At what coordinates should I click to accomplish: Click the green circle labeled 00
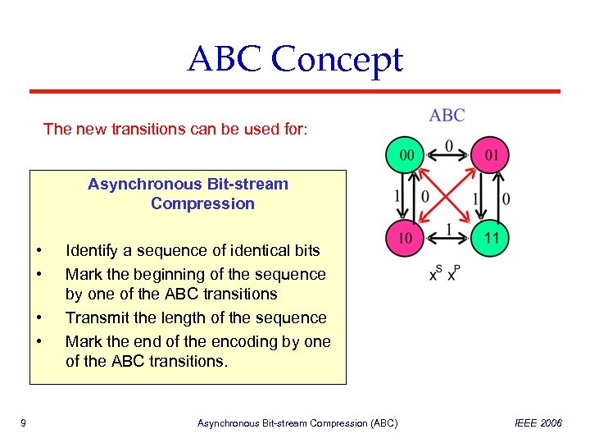(406, 154)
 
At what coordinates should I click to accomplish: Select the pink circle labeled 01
(491, 154)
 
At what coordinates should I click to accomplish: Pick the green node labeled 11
(491, 238)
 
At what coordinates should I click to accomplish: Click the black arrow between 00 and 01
(448, 154)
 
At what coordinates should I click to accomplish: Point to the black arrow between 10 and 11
(448, 238)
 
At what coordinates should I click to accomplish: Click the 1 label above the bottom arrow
(448, 227)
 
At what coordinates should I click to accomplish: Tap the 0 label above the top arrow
(448, 145)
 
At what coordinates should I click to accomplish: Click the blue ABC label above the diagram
(447, 116)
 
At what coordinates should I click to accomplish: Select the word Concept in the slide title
(337, 61)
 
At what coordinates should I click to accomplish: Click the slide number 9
(23, 423)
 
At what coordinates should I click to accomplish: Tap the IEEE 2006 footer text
(538, 423)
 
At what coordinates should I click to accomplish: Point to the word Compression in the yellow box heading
(202, 203)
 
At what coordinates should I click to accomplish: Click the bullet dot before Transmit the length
(39, 318)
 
